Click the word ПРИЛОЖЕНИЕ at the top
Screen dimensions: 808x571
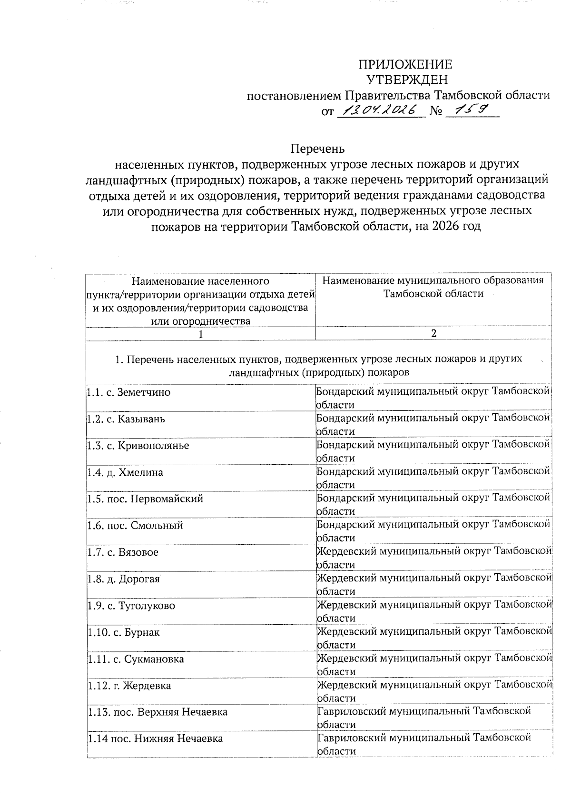(x=405, y=64)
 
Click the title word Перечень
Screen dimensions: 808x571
(x=317, y=149)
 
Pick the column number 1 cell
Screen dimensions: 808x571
(x=201, y=334)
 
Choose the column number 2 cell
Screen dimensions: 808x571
(x=433, y=333)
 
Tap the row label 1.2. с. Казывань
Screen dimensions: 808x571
(x=126, y=419)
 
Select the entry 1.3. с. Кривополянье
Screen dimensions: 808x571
(x=138, y=446)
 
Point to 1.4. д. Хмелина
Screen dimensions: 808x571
(x=125, y=472)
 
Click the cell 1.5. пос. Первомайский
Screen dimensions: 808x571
(x=145, y=499)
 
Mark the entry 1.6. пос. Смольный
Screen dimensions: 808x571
(x=135, y=526)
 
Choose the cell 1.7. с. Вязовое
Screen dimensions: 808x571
(x=123, y=552)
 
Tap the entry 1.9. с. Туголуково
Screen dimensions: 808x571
(x=131, y=606)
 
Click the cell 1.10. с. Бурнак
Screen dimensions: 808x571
(x=124, y=632)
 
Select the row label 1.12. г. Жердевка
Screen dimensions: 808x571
(x=129, y=686)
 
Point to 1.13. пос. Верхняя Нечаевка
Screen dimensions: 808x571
(x=158, y=712)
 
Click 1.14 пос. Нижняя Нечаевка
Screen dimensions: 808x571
(x=155, y=739)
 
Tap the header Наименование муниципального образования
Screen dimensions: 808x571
(x=433, y=280)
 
